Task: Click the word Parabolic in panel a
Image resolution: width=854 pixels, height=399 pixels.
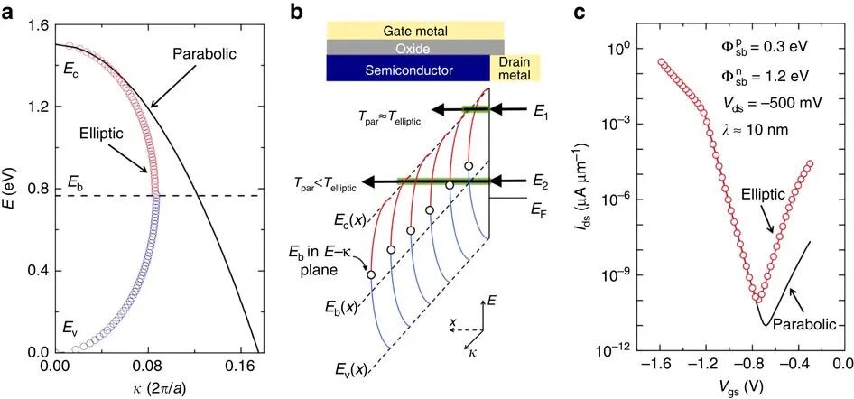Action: click(204, 55)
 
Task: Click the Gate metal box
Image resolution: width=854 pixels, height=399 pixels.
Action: click(415, 31)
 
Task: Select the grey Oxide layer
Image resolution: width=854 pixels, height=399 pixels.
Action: click(415, 47)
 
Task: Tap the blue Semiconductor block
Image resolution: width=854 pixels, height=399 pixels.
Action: click(408, 69)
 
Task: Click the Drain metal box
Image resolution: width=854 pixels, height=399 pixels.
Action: click(515, 68)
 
